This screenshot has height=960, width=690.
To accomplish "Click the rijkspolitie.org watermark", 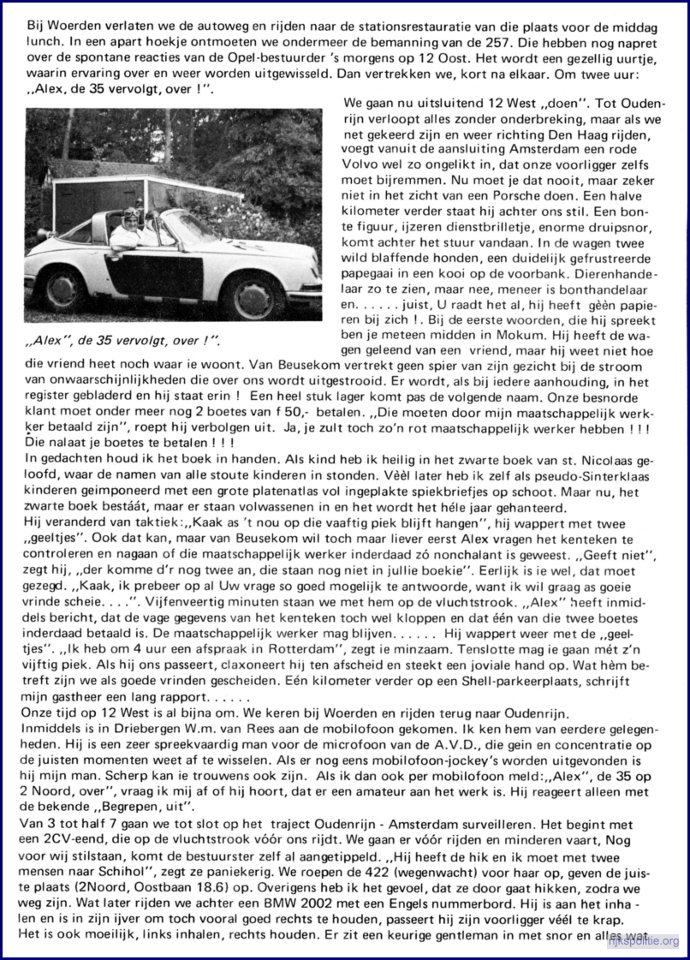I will click(642, 943).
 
